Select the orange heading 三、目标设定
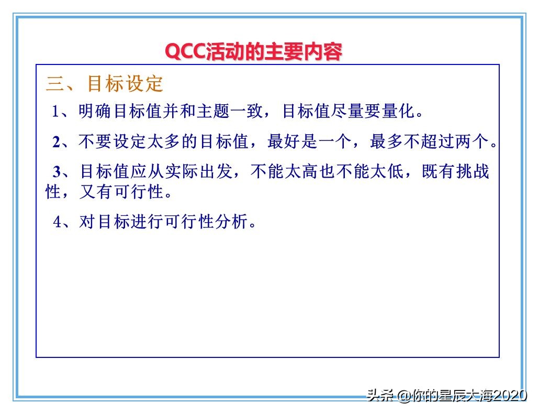tap(105, 83)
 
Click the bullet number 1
tap(56, 111)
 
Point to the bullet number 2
tap(57, 141)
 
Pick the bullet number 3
tap(57, 171)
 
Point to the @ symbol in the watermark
tap(403, 396)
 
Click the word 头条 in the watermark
tap(380, 396)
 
